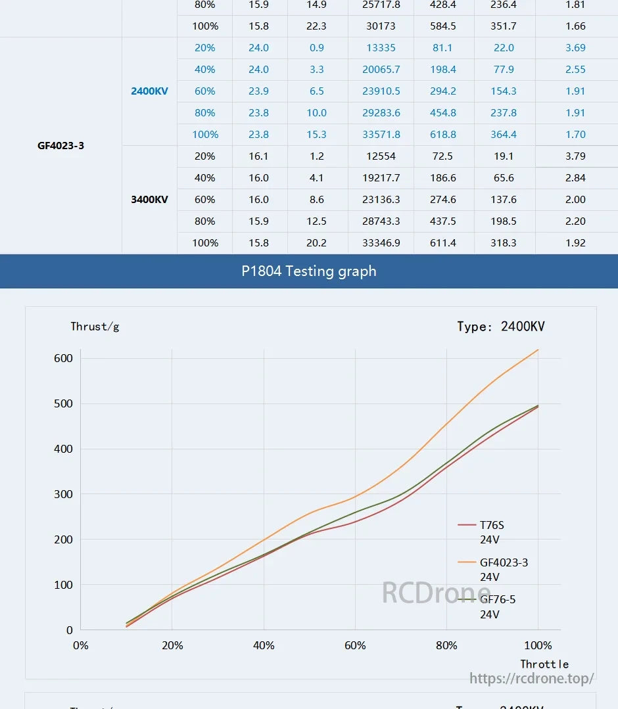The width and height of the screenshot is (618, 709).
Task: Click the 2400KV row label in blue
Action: (149, 91)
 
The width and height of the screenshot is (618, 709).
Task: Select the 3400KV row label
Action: (149, 200)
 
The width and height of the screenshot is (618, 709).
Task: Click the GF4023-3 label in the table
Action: (60, 146)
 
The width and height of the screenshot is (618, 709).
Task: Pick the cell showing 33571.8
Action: (381, 135)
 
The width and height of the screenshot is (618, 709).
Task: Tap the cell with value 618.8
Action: (443, 135)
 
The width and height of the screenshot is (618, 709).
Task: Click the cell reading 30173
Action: (381, 26)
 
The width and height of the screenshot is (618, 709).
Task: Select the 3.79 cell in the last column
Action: (575, 156)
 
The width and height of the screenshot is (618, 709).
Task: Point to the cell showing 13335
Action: (381, 48)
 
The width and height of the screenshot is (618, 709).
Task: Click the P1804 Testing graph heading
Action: (308, 271)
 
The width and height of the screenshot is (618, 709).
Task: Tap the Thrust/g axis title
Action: (95, 327)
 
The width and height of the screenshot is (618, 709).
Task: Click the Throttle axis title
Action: (544, 664)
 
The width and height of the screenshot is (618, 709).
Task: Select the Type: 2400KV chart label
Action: (500, 327)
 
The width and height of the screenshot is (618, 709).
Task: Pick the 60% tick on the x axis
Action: (355, 646)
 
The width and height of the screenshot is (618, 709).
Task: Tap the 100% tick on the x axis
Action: (538, 646)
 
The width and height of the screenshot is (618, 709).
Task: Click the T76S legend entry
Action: (491, 525)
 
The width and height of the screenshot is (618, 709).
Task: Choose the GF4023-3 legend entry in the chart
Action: (503, 562)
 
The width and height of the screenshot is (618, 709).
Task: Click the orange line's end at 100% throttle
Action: (538, 350)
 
